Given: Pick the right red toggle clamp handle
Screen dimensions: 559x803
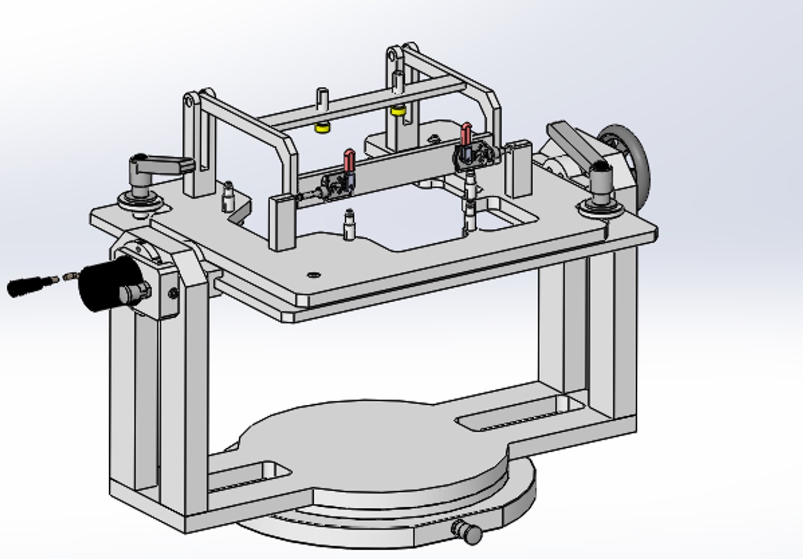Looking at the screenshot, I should (x=466, y=134).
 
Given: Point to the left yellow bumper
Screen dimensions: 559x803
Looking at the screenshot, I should (x=323, y=127).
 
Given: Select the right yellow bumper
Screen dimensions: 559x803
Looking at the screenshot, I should (x=398, y=110).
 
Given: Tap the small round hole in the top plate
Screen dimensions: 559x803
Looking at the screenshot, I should (x=312, y=275).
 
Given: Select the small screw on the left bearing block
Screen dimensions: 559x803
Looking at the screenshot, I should (x=173, y=294).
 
